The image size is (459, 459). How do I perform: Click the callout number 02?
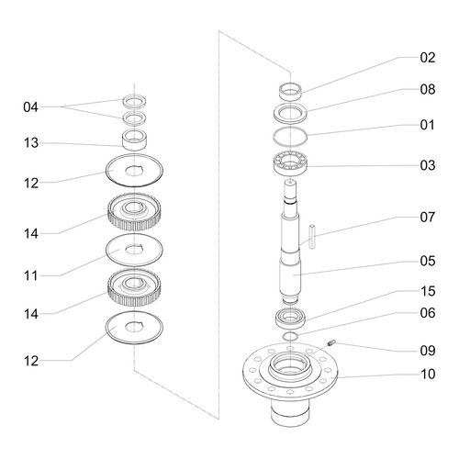tap(428, 58)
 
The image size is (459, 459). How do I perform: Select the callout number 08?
tap(428, 89)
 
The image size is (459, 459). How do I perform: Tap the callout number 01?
tap(428, 125)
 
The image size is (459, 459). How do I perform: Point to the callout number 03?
tap(428, 165)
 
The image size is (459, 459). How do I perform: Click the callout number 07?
tap(428, 218)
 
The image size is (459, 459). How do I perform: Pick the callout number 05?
tap(428, 261)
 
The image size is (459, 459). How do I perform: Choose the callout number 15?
tap(428, 291)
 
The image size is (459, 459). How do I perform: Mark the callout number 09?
tap(428, 351)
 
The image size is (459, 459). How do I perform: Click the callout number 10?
tap(428, 374)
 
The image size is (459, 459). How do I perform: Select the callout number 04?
tap(30, 107)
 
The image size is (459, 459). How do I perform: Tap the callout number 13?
tap(30, 143)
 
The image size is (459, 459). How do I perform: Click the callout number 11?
tap(30, 275)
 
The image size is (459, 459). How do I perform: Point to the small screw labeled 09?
tap(331, 343)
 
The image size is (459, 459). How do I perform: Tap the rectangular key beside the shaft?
tap(312, 237)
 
